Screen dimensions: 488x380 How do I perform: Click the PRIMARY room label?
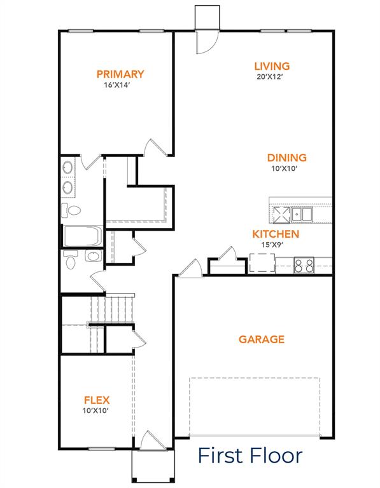coord(120,74)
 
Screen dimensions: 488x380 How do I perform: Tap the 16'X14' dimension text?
coord(120,85)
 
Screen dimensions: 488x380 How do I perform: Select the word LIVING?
coord(272,66)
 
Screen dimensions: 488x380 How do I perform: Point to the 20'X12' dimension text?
coord(272,76)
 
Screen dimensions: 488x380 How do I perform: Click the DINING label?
coord(286,158)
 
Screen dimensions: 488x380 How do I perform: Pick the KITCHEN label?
coord(275,234)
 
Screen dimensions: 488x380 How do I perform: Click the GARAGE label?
coord(261,339)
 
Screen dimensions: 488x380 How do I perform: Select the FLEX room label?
coord(97,400)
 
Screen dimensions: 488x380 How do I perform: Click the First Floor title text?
coord(250,455)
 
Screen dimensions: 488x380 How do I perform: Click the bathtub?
coord(82,236)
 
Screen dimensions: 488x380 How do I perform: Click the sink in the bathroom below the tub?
coord(93,257)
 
